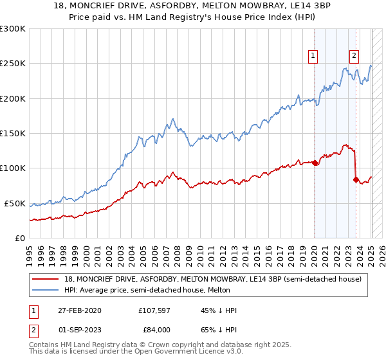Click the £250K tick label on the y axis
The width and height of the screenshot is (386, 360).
[x=13, y=64]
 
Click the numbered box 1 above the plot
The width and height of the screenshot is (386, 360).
[x=313, y=56]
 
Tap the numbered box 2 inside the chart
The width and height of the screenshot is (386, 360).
[x=354, y=56]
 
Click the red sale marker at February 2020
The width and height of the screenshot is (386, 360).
[x=315, y=163]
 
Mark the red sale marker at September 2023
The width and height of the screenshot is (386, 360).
[x=356, y=179]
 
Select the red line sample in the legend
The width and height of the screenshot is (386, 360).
[x=46, y=279]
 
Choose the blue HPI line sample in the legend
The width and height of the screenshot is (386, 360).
[x=46, y=290]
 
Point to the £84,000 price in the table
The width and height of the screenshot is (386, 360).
[x=155, y=329]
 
